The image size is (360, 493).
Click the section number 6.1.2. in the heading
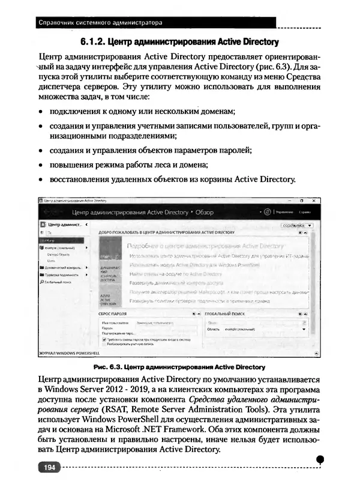click(x=94, y=42)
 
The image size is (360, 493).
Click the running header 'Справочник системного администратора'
click(x=100, y=23)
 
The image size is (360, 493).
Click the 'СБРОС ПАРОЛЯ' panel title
click(x=112, y=313)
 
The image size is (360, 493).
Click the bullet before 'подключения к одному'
click(x=40, y=112)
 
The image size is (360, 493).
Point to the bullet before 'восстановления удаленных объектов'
click(x=40, y=180)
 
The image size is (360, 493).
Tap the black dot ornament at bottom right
click(x=320, y=459)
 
